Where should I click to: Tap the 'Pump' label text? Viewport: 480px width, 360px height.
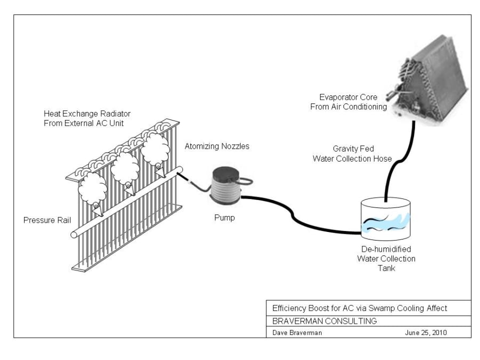pyautogui.click(x=224, y=218)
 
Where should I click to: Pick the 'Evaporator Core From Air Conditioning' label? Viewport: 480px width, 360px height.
pyautogui.click(x=348, y=102)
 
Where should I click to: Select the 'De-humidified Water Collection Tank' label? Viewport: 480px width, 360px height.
pyautogui.click(x=386, y=259)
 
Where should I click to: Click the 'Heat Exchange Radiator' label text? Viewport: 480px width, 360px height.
pyautogui.click(x=87, y=118)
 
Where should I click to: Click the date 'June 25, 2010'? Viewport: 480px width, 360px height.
pyautogui.click(x=426, y=332)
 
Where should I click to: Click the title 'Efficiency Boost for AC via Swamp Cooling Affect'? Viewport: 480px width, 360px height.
pyautogui.click(x=359, y=308)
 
